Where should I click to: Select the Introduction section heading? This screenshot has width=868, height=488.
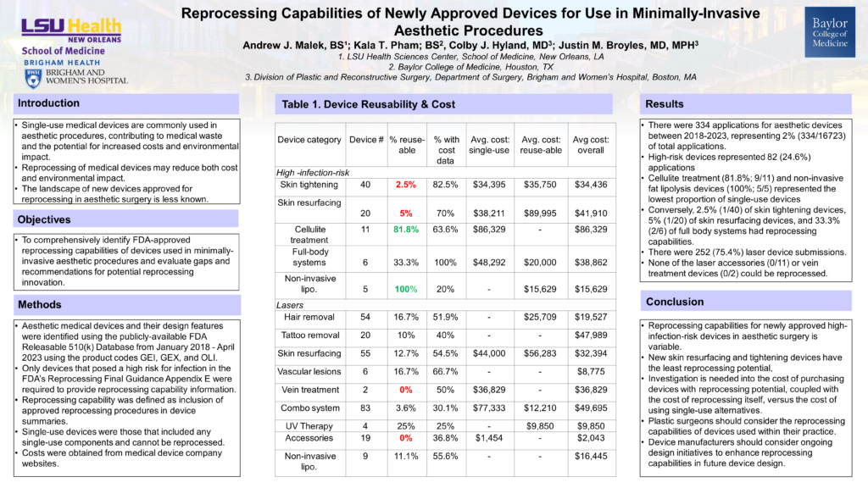coord(49,103)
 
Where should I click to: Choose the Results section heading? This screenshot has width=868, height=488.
coord(665,103)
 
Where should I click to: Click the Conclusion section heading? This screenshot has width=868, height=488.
coord(675,302)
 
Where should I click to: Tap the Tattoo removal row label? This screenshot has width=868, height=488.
coord(309,335)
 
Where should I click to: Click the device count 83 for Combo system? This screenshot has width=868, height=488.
coord(366,408)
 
